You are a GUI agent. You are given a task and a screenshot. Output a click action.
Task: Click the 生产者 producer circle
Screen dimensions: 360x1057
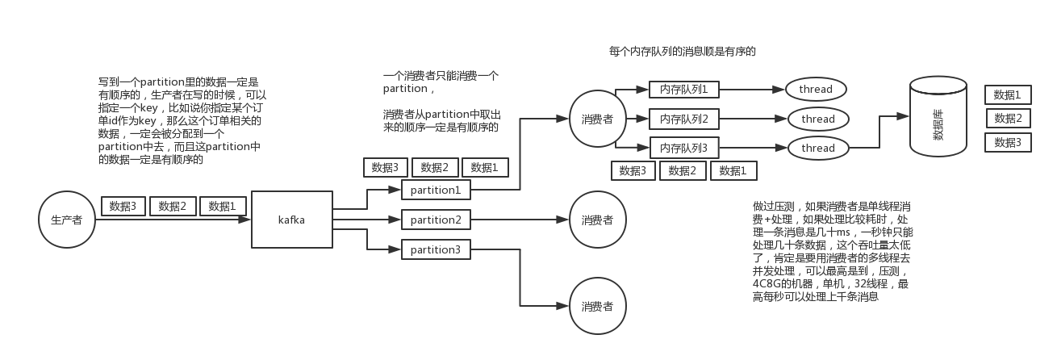(x=66, y=220)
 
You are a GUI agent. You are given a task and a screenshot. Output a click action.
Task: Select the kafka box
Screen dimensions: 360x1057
(x=291, y=220)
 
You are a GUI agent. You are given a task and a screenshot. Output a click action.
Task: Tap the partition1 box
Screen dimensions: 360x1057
(x=436, y=190)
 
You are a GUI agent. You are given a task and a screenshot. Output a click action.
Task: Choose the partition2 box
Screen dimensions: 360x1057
(x=436, y=220)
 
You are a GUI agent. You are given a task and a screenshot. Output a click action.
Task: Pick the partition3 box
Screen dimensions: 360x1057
(x=436, y=249)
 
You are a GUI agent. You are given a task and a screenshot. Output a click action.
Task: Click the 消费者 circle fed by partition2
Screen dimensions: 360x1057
(x=597, y=220)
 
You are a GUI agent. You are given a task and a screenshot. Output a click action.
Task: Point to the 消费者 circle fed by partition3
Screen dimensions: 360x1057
(x=597, y=306)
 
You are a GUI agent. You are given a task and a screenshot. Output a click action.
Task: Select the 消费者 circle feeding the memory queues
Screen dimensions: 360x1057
(x=597, y=119)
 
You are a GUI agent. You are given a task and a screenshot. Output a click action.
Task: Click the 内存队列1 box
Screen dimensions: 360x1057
(x=683, y=89)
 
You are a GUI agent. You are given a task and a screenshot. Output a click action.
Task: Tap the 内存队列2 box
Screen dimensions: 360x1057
(x=683, y=119)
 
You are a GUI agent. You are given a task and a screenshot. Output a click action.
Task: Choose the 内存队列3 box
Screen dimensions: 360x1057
(x=683, y=148)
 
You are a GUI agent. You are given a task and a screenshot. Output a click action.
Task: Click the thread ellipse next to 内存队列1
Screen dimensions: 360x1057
(x=816, y=89)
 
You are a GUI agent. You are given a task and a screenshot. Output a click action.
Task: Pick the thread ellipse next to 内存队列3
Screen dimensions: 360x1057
(x=818, y=148)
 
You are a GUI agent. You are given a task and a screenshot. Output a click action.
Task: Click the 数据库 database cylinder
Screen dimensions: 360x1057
(x=938, y=118)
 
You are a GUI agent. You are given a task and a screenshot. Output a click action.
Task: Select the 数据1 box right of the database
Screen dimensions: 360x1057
(x=1008, y=94)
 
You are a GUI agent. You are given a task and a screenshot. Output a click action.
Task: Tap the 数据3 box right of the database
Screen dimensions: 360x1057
(x=1008, y=142)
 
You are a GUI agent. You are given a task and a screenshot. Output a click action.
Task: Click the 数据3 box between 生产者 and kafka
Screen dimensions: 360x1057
(x=123, y=206)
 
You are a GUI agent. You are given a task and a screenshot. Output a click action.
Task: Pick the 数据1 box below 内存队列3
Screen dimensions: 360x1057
(x=733, y=170)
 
